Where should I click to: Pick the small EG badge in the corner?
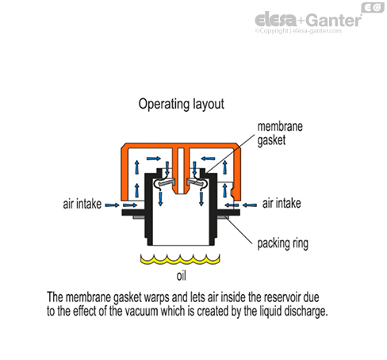coord(370,8)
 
